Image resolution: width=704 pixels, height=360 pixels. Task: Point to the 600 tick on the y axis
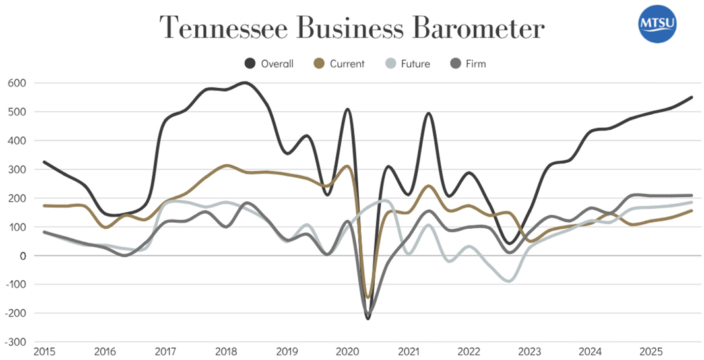click(x=17, y=83)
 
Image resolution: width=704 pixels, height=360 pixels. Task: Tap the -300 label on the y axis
click(x=15, y=342)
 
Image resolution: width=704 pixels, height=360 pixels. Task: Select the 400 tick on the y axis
click(x=17, y=140)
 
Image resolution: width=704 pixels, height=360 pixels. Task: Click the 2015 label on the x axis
click(x=44, y=351)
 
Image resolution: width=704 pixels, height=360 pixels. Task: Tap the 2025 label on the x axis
click(x=651, y=351)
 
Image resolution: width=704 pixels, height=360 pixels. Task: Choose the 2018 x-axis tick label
click(x=226, y=351)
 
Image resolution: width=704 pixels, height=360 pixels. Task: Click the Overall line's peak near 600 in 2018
click(x=245, y=82)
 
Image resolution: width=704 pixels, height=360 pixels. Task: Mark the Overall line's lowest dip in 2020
click(x=368, y=318)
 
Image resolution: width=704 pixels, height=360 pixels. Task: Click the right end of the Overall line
click(x=691, y=98)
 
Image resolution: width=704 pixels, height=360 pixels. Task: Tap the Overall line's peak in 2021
click(x=428, y=113)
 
